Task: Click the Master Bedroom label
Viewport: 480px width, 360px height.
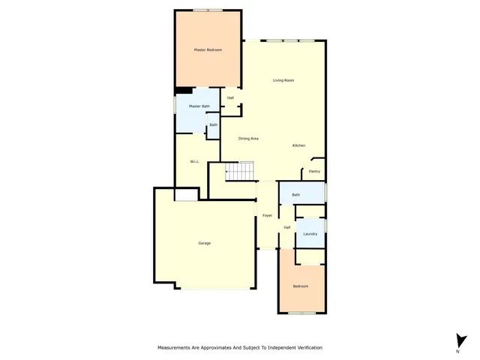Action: tap(208, 50)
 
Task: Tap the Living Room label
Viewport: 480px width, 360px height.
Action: tap(283, 80)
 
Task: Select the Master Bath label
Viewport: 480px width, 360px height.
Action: tap(199, 106)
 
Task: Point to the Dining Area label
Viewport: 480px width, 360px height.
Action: tap(249, 139)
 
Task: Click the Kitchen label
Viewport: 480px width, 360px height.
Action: tap(298, 145)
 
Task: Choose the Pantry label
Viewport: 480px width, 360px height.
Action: tap(315, 172)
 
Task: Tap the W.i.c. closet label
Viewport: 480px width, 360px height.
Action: tap(193, 161)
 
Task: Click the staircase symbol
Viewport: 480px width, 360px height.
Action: tap(241, 172)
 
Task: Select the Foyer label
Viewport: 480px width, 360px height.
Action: tap(267, 216)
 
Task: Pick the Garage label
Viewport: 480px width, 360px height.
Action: tap(204, 244)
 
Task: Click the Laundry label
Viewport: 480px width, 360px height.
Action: tap(310, 234)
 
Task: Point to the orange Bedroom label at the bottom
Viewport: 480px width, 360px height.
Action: tap(300, 286)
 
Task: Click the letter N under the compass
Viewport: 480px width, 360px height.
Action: tap(457, 351)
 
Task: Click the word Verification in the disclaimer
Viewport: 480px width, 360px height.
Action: tap(307, 348)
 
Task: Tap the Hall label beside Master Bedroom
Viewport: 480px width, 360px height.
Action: tap(230, 97)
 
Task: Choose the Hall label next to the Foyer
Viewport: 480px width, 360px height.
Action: tap(286, 227)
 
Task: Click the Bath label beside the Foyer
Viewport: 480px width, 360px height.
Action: tap(295, 195)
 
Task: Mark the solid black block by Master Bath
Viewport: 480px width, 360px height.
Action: tap(181, 91)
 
